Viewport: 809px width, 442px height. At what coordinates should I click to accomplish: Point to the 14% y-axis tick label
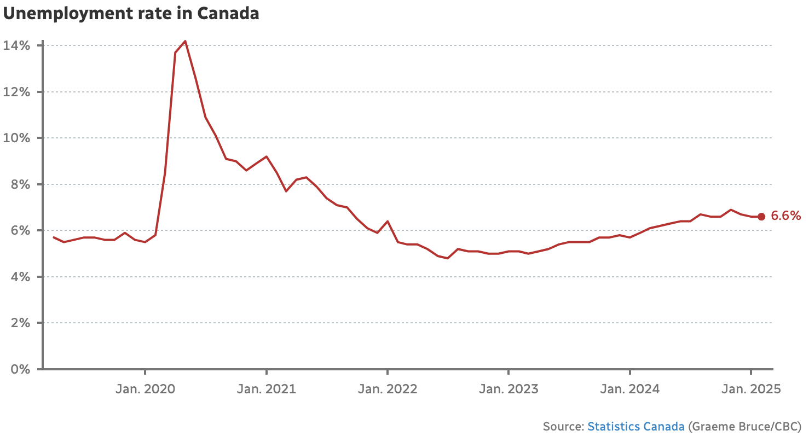[17, 45]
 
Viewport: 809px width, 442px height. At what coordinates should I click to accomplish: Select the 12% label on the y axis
[17, 92]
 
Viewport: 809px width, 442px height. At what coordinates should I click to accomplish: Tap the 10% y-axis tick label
[17, 138]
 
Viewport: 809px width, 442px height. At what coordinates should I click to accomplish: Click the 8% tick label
[20, 184]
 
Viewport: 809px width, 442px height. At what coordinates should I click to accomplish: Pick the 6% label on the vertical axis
[20, 230]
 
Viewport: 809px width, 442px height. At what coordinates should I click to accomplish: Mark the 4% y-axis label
[20, 277]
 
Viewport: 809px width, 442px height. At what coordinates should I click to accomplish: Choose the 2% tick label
[20, 323]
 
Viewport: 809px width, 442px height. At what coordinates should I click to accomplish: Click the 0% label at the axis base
[20, 369]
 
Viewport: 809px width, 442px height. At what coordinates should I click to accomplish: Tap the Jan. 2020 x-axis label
[145, 389]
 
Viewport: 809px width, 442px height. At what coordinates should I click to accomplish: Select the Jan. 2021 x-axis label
[266, 389]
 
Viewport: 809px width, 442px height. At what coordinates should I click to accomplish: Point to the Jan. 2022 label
[387, 389]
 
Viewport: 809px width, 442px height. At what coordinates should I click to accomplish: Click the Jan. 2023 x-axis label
[508, 389]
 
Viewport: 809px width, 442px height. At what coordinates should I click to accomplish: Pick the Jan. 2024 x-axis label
[629, 389]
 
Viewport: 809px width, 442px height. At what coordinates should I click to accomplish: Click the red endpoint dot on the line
[761, 217]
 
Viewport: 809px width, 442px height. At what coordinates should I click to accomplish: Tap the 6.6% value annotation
[785, 216]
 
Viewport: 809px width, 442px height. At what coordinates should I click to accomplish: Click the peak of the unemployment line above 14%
[186, 41]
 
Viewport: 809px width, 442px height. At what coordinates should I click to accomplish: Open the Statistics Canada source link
[635, 427]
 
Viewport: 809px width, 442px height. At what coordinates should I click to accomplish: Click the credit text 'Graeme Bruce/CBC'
[744, 427]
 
